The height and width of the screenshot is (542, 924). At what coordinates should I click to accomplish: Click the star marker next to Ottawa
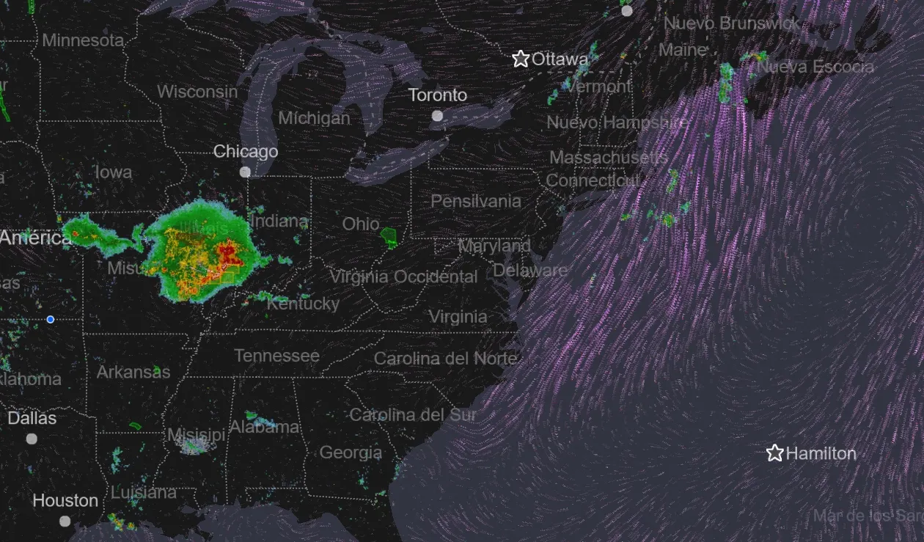pyautogui.click(x=521, y=59)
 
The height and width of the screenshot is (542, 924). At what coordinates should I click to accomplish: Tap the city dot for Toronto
pyautogui.click(x=438, y=116)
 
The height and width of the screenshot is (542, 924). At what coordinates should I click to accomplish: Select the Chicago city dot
pyautogui.click(x=245, y=172)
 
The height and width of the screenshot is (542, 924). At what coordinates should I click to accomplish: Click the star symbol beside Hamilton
pyautogui.click(x=774, y=453)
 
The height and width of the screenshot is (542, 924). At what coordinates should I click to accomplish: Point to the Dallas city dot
pyautogui.click(x=32, y=439)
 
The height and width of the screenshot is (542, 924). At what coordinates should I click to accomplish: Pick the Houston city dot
pyautogui.click(x=65, y=521)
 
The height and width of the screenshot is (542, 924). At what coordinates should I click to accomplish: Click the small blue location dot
pyautogui.click(x=50, y=319)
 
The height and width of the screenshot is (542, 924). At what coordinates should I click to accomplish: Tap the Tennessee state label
pyautogui.click(x=276, y=356)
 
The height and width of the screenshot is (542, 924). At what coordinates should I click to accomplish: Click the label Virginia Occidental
pyautogui.click(x=403, y=277)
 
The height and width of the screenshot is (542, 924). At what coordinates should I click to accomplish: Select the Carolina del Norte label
pyautogui.click(x=446, y=359)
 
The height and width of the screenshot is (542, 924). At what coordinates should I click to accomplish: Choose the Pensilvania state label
pyautogui.click(x=476, y=201)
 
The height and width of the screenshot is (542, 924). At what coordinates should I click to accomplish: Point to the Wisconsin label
pyautogui.click(x=197, y=92)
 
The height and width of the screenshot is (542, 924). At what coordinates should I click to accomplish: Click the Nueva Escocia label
pyautogui.click(x=815, y=67)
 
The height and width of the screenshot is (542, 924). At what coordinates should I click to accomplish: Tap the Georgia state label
pyautogui.click(x=351, y=453)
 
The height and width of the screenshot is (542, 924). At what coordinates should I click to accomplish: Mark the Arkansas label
pyautogui.click(x=133, y=372)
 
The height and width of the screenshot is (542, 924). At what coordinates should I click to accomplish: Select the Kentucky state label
pyautogui.click(x=304, y=304)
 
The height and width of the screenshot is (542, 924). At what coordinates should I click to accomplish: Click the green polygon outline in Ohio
pyautogui.click(x=388, y=237)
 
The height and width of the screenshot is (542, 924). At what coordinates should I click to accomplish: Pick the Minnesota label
pyautogui.click(x=83, y=40)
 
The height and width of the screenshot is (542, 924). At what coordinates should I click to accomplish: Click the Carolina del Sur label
pyautogui.click(x=413, y=415)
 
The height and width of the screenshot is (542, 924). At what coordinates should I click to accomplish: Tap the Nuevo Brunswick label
pyautogui.click(x=732, y=23)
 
